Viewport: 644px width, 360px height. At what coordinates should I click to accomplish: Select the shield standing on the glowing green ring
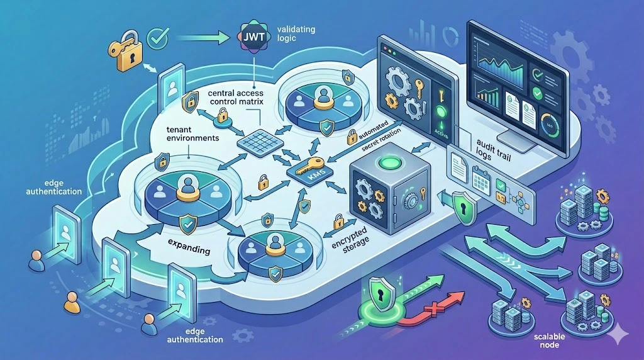(380, 293)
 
